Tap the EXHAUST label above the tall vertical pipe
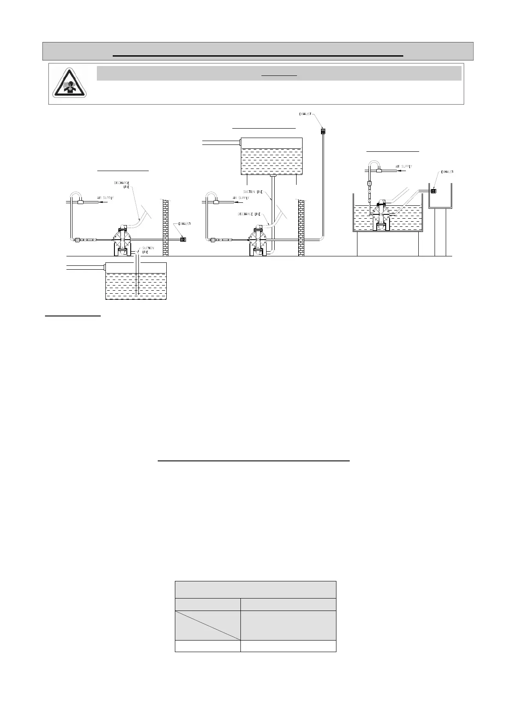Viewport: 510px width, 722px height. [x=305, y=114]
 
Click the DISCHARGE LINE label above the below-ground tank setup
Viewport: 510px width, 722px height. [x=122, y=185]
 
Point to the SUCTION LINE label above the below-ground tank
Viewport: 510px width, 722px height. [x=148, y=250]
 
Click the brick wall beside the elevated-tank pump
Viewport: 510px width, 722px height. [x=301, y=228]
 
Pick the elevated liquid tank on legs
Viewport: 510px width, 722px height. [x=272, y=156]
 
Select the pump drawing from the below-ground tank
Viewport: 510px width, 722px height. [x=121, y=241]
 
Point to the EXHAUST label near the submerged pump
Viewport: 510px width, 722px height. [x=447, y=172]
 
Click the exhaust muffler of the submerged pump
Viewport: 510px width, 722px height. [x=433, y=191]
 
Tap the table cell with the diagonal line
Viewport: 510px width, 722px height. [x=207, y=625]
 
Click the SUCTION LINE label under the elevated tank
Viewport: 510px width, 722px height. [x=253, y=192]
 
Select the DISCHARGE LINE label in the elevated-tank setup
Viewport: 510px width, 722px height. [x=252, y=214]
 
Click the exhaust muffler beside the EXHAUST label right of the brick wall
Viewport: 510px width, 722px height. [x=184, y=239]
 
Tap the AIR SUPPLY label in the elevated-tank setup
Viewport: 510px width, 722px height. [x=241, y=198]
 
